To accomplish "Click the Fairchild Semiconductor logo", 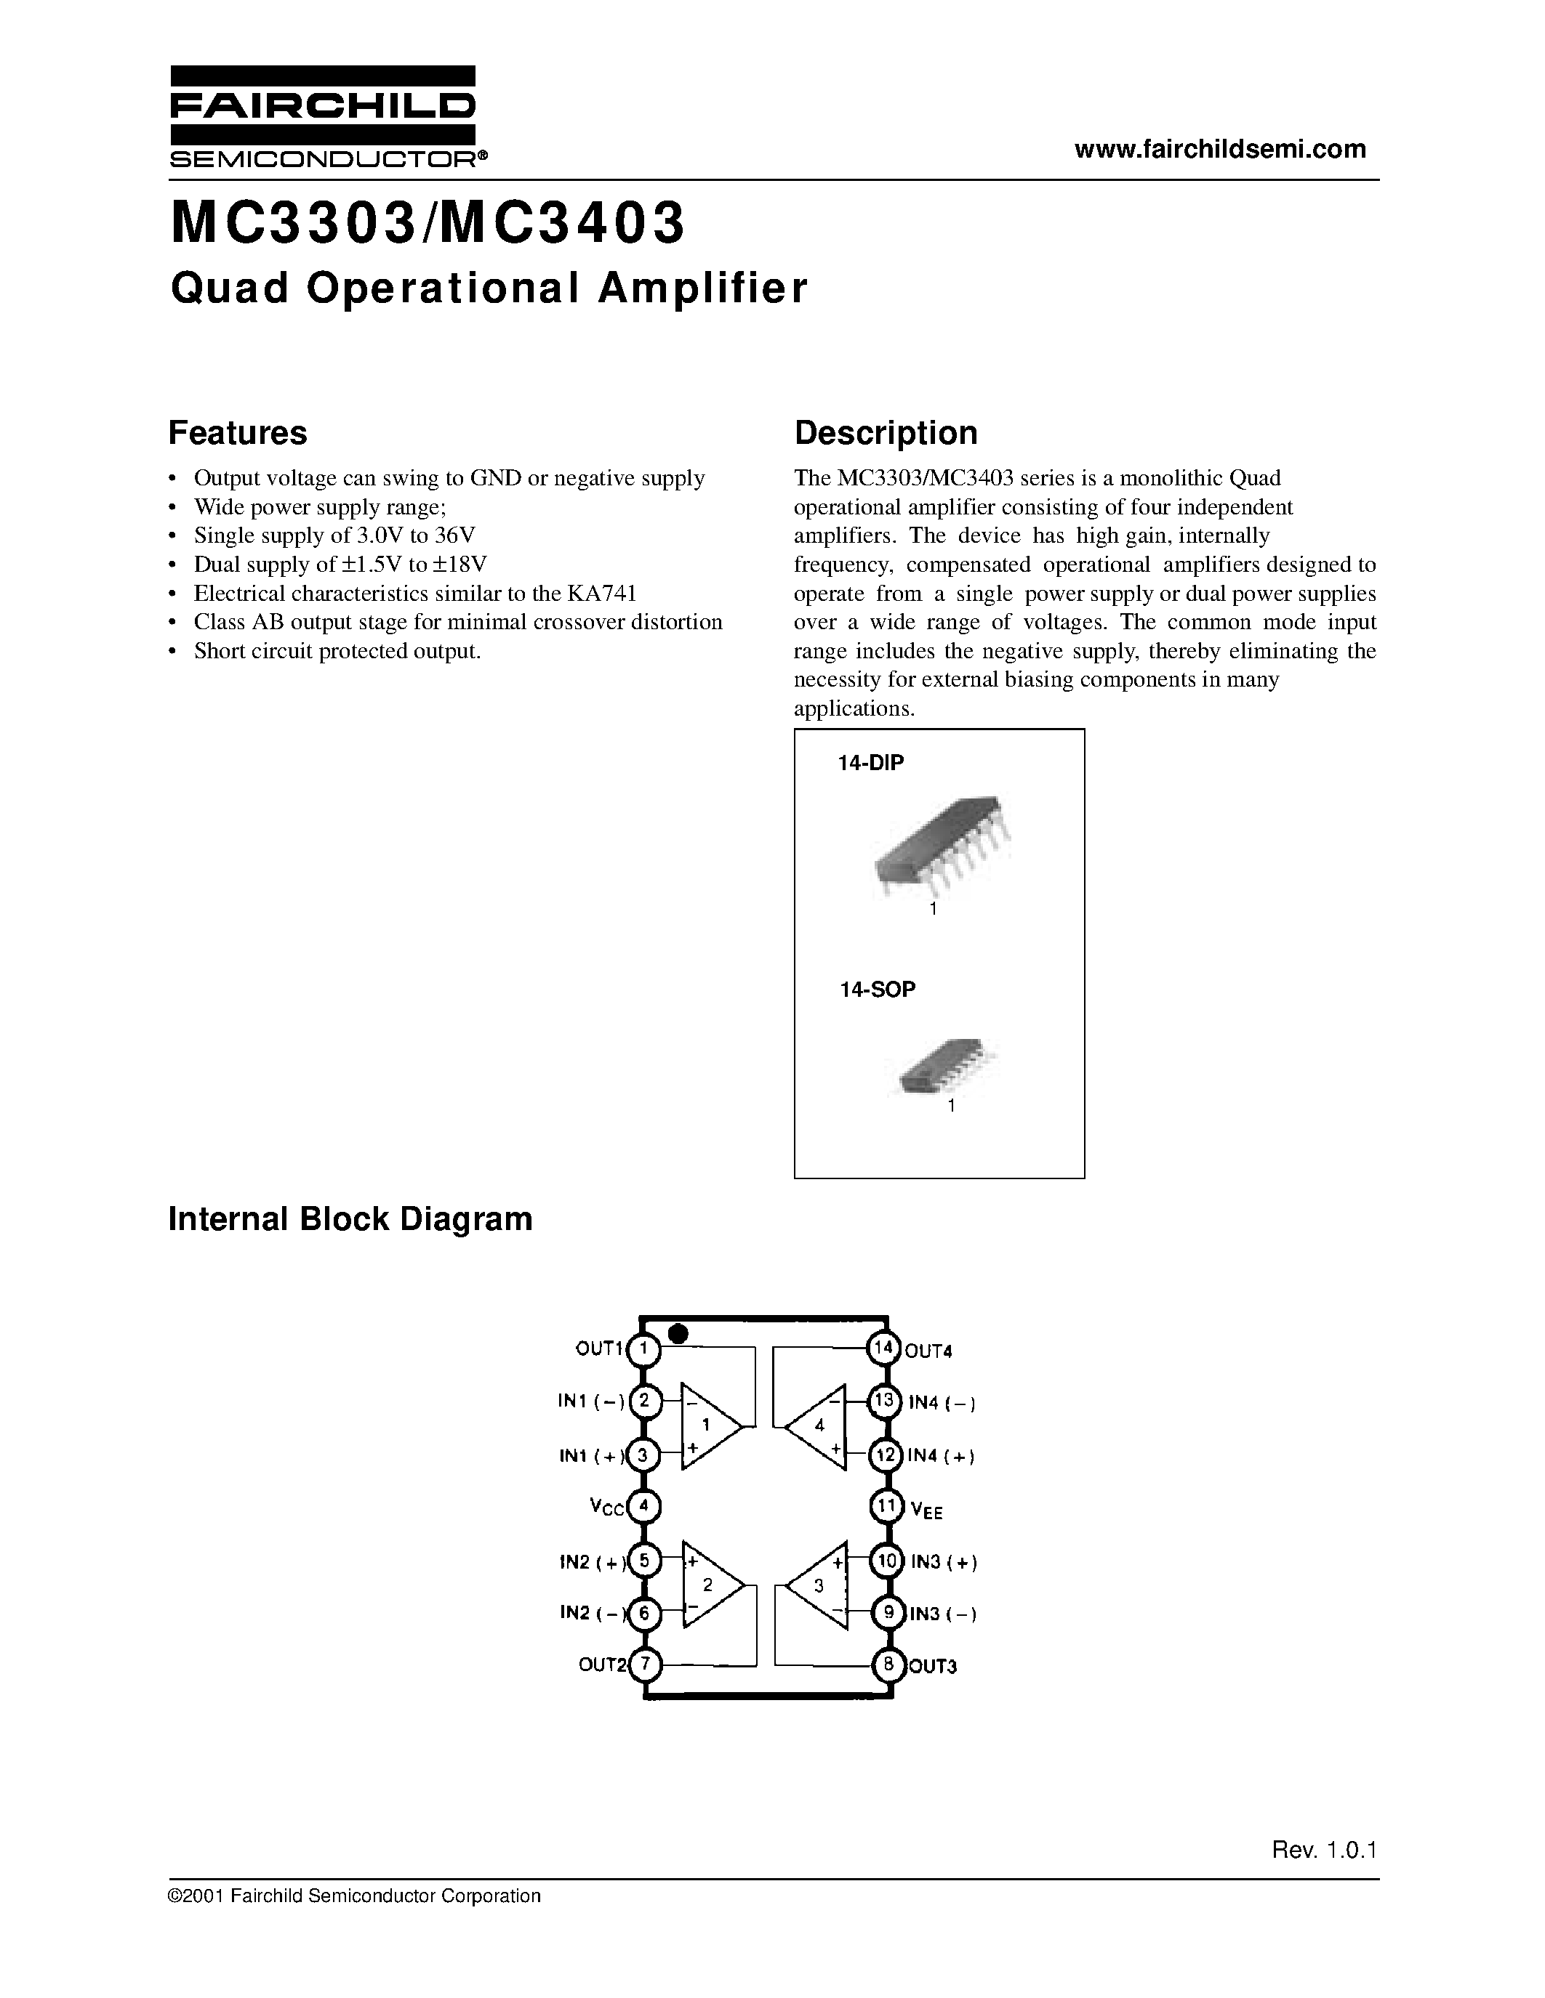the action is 323,116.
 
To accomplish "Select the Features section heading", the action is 238,433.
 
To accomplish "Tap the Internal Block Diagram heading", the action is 350,1219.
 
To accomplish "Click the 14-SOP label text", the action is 878,989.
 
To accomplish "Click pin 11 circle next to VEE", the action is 886,1506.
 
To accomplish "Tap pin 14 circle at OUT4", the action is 884,1348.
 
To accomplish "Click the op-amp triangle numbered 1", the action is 710,1425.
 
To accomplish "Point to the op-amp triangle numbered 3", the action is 816,1586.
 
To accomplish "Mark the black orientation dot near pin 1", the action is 678,1335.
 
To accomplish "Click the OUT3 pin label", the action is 932,1666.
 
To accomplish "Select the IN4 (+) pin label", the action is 941,1455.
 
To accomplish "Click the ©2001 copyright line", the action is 355,1896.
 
